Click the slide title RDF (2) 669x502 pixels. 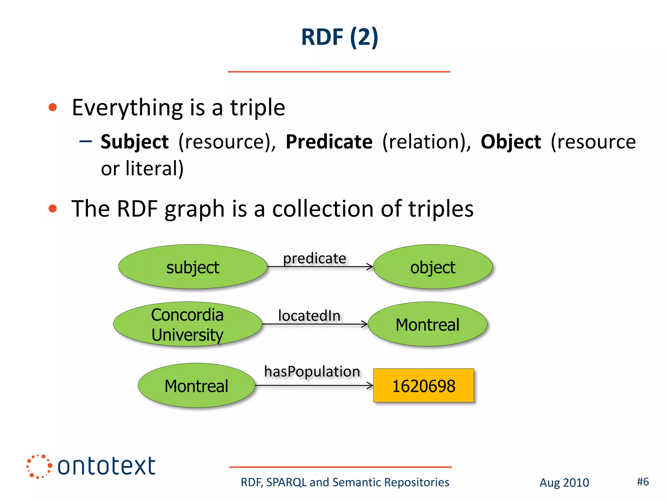pos(339,37)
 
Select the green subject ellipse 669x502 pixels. pos(193,267)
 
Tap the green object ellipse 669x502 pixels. pos(432,267)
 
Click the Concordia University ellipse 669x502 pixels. pos(188,324)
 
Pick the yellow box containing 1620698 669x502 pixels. pos(423,386)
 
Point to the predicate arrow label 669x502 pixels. pos(315,258)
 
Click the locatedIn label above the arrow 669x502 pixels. pos(309,316)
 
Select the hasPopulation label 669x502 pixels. pos(312,372)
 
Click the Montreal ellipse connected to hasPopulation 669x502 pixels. pos(196,386)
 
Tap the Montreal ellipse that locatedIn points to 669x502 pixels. pos(427,324)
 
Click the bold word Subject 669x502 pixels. pos(135,142)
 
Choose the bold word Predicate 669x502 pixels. pos(329,142)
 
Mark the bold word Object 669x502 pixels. pos(511,142)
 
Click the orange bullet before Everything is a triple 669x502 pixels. pos(53,107)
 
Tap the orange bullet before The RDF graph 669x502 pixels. pos(53,209)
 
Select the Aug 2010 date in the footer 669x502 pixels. pos(564,483)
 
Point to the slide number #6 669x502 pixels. pos(643,482)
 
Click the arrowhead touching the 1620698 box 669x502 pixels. pos(370,386)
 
